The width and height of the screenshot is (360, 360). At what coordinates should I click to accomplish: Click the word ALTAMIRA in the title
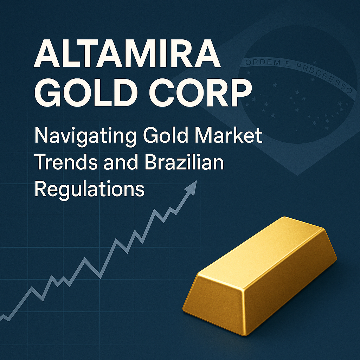pyautogui.click(x=127, y=54)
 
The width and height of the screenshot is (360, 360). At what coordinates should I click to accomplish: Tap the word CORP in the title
pyautogui.click(x=200, y=92)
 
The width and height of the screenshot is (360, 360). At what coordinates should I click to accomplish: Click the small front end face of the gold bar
pyautogui.click(x=213, y=303)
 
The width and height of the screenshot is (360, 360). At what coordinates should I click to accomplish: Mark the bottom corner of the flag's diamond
pyautogui.click(x=298, y=176)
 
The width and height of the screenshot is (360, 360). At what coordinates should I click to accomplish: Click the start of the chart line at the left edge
pyautogui.click(x=0, y=318)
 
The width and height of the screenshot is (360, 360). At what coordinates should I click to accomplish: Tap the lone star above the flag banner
pyautogui.click(x=315, y=63)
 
